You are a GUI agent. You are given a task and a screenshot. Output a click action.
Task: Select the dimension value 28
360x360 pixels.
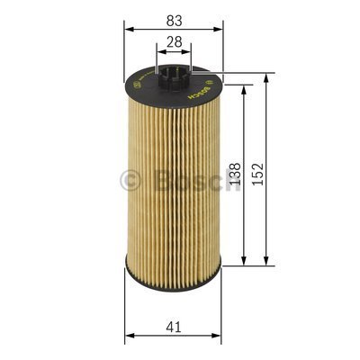pyautogui.click(x=174, y=41)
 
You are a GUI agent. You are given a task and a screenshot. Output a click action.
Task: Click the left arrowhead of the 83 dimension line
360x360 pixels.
pyautogui.click(x=129, y=29)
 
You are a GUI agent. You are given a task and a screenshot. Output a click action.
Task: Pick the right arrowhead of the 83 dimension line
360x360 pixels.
pyautogui.click(x=220, y=29)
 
